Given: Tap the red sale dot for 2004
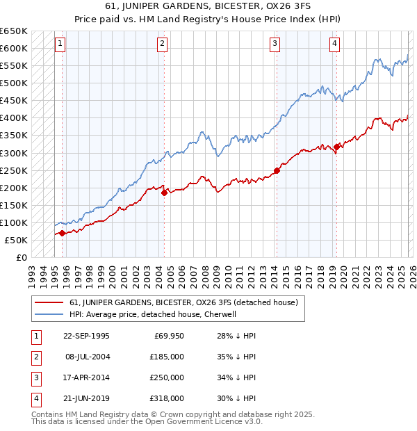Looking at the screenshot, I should tap(164, 193).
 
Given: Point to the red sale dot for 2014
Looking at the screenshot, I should tap(277, 170).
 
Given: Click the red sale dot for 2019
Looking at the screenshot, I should tap(336, 147).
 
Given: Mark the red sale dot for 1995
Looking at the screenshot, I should tap(63, 233).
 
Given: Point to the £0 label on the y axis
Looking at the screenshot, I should tap(21, 258).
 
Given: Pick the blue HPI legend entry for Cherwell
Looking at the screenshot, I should tap(153, 314).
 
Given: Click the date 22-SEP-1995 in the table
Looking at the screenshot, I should tap(86, 336).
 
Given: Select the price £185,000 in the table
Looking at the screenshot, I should tap(167, 357).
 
